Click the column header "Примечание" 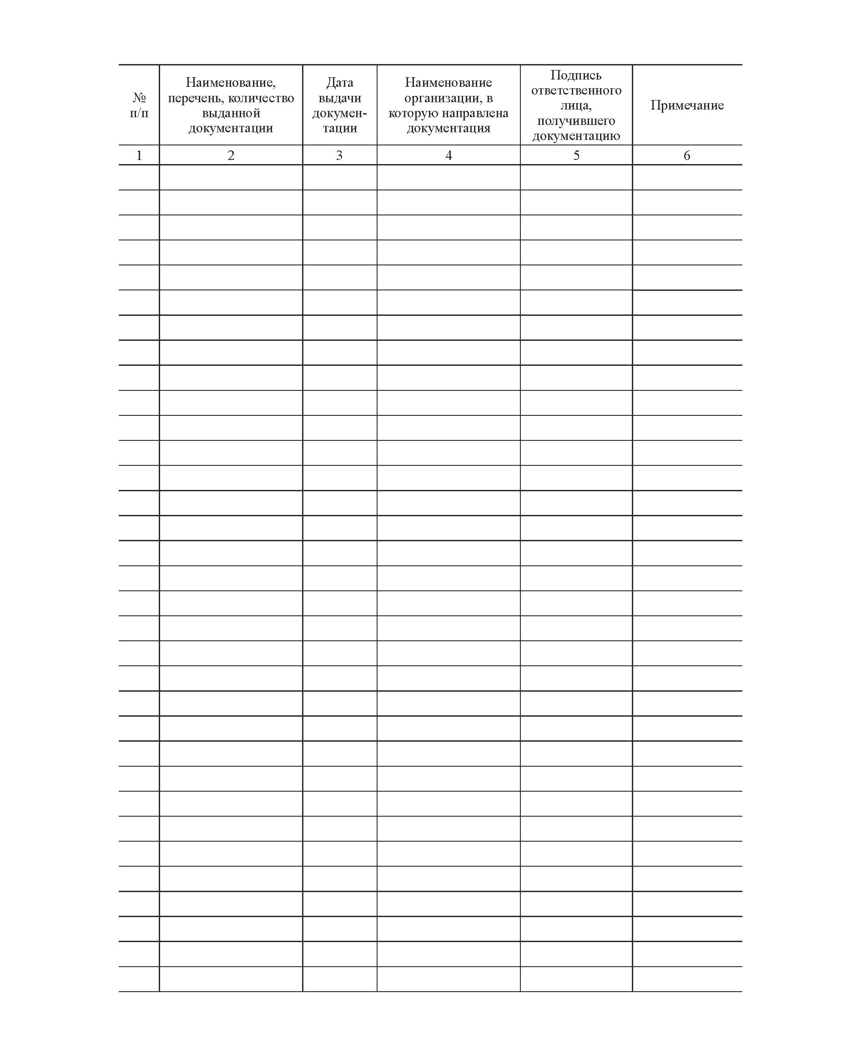tap(687, 105)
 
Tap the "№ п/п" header tap(139, 105)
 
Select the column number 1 tap(139, 155)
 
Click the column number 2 tap(231, 155)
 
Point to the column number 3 tap(339, 155)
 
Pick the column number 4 tap(449, 155)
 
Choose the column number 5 tap(576, 155)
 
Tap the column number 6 tap(687, 155)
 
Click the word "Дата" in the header tap(340, 82)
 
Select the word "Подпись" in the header tap(576, 75)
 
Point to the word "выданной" tap(231, 113)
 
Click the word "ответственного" tap(576, 90)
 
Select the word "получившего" tap(576, 120)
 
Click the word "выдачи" tap(340, 98)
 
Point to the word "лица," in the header tap(576, 105)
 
